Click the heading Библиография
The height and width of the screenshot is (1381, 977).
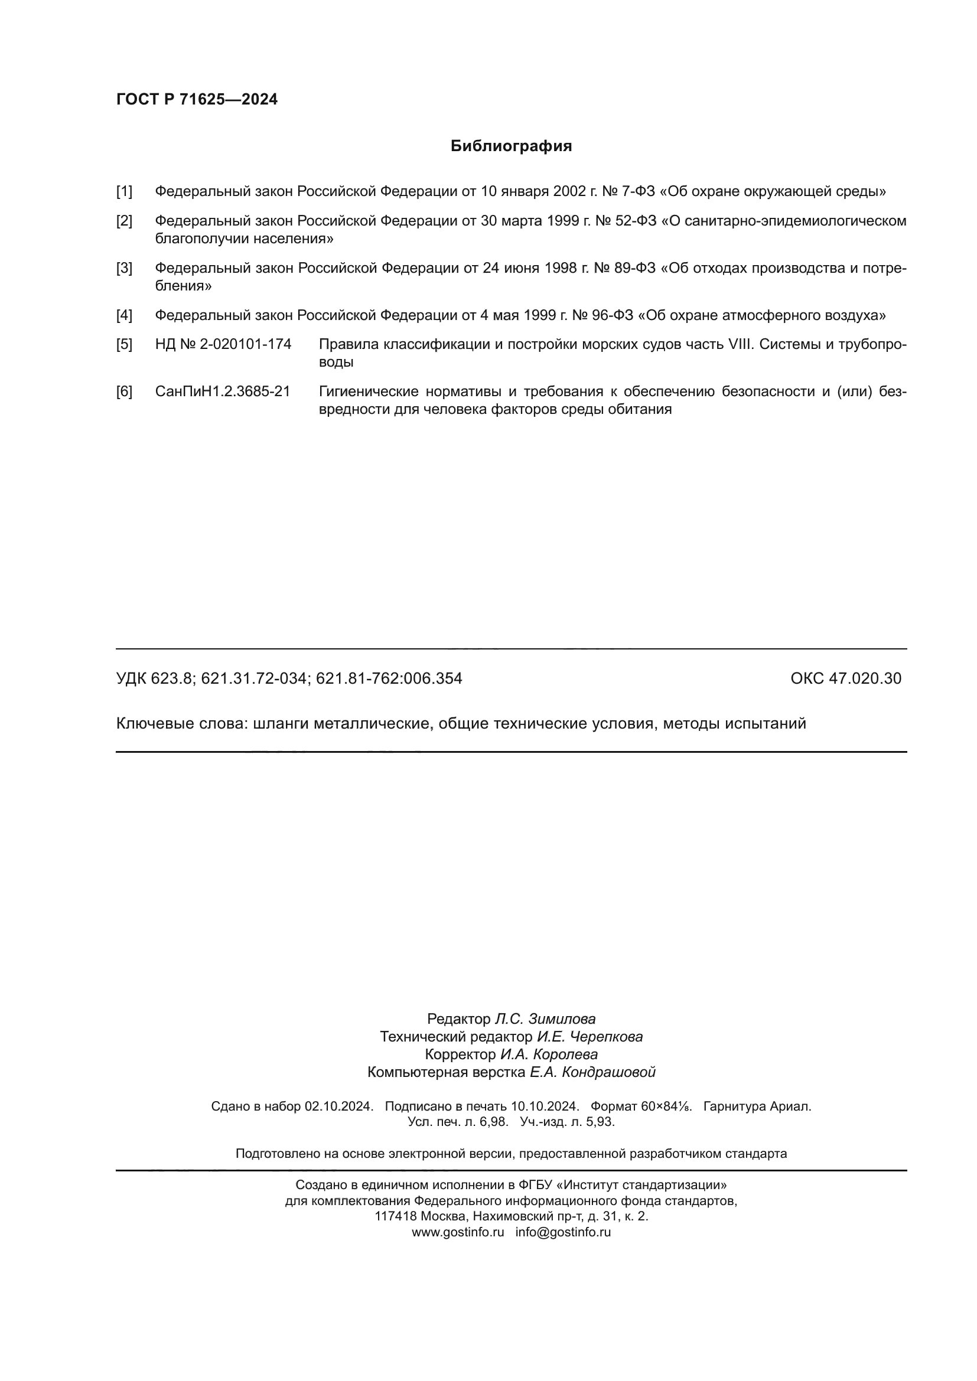(511, 146)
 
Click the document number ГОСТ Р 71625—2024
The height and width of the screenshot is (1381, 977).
(197, 99)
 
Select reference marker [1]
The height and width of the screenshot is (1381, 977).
(124, 192)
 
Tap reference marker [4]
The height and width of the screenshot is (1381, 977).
(124, 315)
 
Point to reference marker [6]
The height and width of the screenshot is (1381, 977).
(124, 391)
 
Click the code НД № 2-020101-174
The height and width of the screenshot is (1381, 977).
(223, 345)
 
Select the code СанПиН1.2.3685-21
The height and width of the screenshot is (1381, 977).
(223, 391)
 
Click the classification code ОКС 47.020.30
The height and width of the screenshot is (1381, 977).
(845, 678)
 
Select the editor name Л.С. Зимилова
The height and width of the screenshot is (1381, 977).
(545, 1019)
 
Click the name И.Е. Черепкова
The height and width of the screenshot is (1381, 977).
(590, 1036)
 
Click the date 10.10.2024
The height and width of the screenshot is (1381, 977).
(545, 1106)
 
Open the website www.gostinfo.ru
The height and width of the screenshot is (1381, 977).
(458, 1232)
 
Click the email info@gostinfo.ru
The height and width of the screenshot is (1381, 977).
(563, 1232)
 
